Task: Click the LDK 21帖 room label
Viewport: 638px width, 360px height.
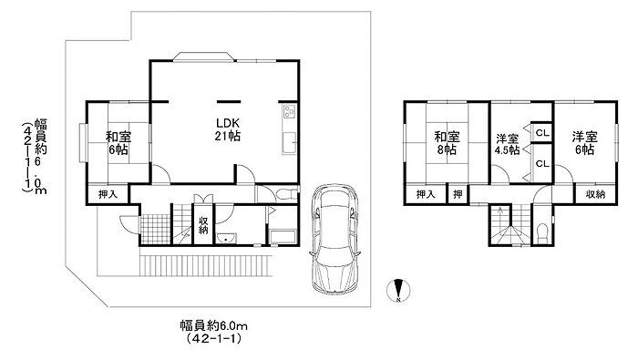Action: click(x=228, y=129)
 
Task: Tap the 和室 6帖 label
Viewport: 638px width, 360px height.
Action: click(x=118, y=143)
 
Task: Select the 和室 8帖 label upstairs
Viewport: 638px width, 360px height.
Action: click(x=447, y=143)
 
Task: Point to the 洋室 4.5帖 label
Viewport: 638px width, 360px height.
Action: click(x=507, y=144)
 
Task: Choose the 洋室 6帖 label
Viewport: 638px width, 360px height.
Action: click(x=584, y=143)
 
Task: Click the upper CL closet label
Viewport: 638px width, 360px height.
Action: click(x=542, y=133)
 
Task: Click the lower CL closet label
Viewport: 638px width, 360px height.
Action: click(x=542, y=163)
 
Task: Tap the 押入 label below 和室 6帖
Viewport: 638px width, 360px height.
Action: click(x=108, y=194)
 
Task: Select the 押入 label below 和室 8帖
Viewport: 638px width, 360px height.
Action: click(x=426, y=194)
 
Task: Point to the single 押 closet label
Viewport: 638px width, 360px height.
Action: click(x=458, y=194)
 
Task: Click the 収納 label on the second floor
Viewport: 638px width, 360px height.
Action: click(x=595, y=194)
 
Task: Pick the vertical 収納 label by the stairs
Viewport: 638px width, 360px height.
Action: click(x=203, y=225)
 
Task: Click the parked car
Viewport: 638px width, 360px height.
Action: click(x=334, y=239)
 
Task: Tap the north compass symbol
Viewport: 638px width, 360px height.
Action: click(x=398, y=291)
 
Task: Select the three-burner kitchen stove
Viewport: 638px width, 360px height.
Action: click(x=290, y=111)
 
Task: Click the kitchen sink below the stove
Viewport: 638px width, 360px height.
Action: click(x=289, y=144)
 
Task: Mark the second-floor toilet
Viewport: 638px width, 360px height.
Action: click(x=542, y=234)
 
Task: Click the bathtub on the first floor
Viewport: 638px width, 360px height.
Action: click(x=282, y=237)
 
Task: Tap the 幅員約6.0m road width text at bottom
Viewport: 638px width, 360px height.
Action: click(x=214, y=325)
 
